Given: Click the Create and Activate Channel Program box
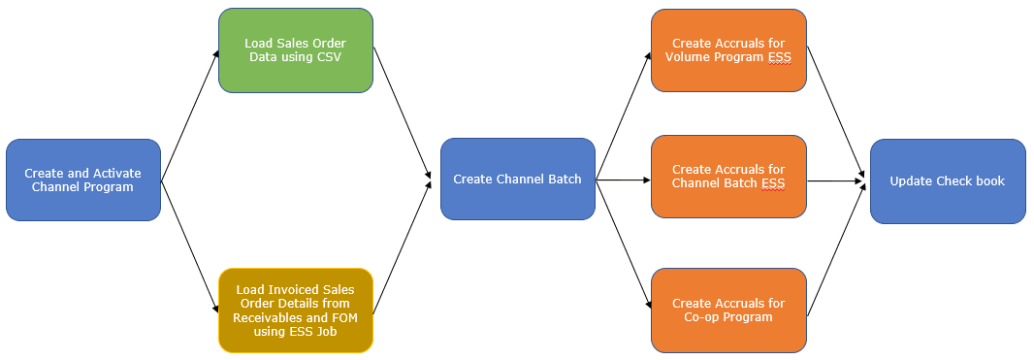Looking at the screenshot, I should [x=82, y=180].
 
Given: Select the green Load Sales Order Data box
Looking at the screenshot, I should [x=295, y=50].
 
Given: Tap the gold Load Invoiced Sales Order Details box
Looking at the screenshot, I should [x=295, y=310].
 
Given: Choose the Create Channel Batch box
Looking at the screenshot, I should [x=517, y=179].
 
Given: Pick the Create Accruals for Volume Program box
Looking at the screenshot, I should [x=728, y=50].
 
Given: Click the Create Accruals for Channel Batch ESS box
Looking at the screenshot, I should [x=728, y=176].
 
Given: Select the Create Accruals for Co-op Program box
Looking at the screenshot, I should [x=728, y=310].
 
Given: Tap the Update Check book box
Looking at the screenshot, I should [x=947, y=180].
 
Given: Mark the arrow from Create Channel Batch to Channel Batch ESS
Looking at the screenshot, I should [x=622, y=180].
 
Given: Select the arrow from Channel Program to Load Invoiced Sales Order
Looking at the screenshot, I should [x=188, y=245].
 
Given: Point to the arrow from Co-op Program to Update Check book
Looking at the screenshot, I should [x=836, y=246].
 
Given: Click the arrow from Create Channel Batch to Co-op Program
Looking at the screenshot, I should [x=623, y=243].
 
